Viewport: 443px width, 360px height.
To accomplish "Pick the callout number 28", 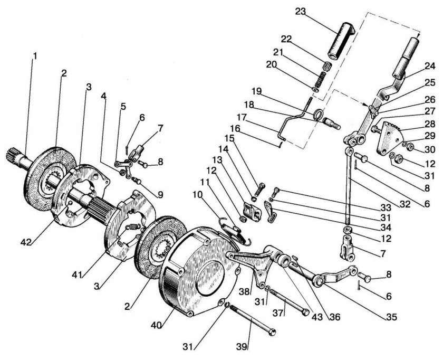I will [x=430, y=123].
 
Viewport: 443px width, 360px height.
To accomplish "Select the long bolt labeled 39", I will [x=252, y=320].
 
